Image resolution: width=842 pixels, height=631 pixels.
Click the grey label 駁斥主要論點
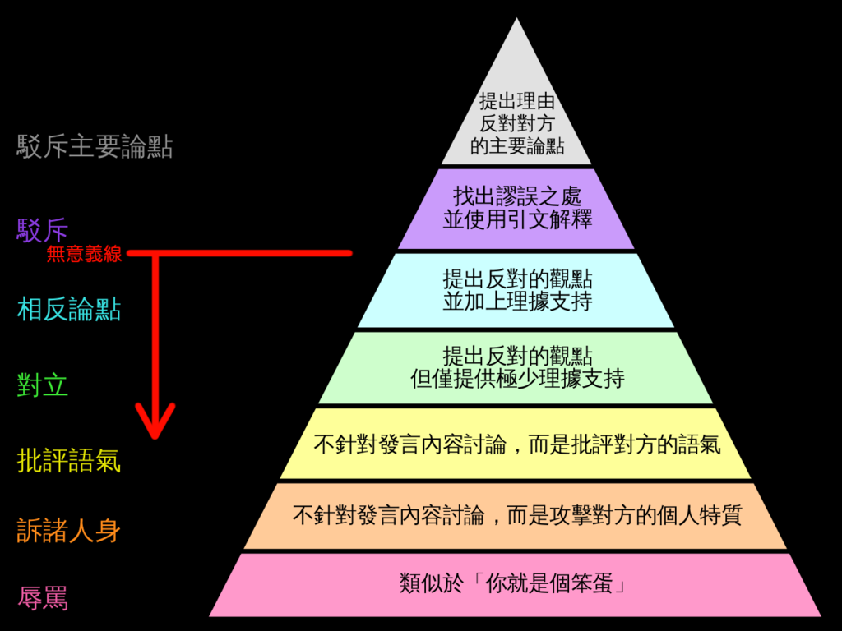(x=95, y=146)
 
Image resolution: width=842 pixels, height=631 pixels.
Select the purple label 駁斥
(x=43, y=230)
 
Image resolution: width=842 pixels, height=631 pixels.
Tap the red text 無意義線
(x=85, y=254)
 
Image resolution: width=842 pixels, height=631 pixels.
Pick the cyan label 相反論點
(x=69, y=309)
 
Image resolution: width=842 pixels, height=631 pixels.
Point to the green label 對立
(x=43, y=385)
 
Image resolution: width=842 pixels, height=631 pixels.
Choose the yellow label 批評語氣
(x=69, y=460)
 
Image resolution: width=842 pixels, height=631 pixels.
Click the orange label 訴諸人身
(x=69, y=530)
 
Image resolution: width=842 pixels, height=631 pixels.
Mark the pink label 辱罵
(x=43, y=598)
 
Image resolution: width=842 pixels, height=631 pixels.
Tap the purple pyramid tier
(x=516, y=210)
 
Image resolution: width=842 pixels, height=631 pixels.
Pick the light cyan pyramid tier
(x=516, y=290)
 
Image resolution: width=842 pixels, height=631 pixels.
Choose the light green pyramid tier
(x=516, y=367)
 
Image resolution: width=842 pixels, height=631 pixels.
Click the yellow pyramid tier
(x=516, y=444)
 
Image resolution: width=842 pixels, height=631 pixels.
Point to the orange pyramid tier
(x=516, y=516)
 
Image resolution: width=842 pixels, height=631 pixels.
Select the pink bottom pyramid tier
(x=516, y=585)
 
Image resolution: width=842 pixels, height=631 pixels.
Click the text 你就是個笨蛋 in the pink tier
(x=548, y=583)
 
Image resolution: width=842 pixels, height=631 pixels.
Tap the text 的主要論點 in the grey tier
(x=516, y=146)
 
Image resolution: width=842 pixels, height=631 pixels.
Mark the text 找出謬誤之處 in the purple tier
(x=516, y=196)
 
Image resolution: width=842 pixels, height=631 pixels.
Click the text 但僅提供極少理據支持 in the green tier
(x=517, y=379)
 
